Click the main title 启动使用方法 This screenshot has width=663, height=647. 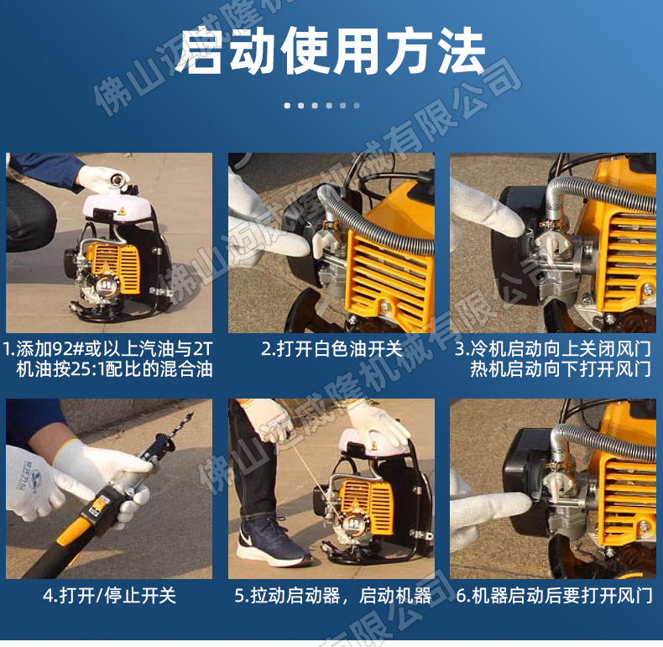(331, 51)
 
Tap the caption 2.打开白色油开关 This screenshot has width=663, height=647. (331, 349)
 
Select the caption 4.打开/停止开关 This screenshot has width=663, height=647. (109, 596)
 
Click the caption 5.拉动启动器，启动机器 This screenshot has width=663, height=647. (333, 596)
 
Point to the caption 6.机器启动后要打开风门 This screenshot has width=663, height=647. (555, 596)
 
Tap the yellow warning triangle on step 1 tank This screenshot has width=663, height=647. (123, 211)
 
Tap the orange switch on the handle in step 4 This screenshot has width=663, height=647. (98, 504)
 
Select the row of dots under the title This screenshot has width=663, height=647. (321, 105)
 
